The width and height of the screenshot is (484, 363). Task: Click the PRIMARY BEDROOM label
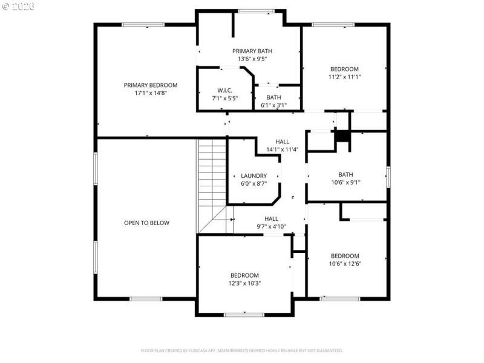click(x=151, y=85)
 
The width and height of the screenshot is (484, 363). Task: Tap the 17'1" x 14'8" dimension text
click(x=151, y=93)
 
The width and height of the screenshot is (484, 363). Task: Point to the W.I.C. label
click(x=224, y=90)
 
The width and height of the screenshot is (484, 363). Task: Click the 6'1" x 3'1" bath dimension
click(x=273, y=105)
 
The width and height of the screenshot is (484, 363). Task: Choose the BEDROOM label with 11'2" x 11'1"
click(x=344, y=69)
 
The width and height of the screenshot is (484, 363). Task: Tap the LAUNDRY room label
click(x=253, y=175)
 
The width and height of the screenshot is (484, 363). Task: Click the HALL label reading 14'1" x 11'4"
click(x=282, y=141)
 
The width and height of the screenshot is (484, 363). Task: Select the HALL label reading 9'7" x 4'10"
click(x=271, y=218)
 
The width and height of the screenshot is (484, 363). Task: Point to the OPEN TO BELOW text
click(x=146, y=223)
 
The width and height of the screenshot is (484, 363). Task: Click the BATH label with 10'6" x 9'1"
click(x=345, y=174)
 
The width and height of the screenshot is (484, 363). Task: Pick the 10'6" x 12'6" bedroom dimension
click(x=344, y=264)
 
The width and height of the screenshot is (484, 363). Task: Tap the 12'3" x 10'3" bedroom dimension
click(x=244, y=283)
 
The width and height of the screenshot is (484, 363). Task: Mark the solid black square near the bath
click(x=342, y=137)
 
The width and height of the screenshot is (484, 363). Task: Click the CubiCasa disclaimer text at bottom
click(x=242, y=350)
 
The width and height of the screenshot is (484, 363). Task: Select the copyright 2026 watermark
click(x=18, y=6)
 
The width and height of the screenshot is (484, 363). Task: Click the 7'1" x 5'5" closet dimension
click(x=224, y=98)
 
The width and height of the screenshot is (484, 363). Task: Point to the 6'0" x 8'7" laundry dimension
click(x=253, y=183)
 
